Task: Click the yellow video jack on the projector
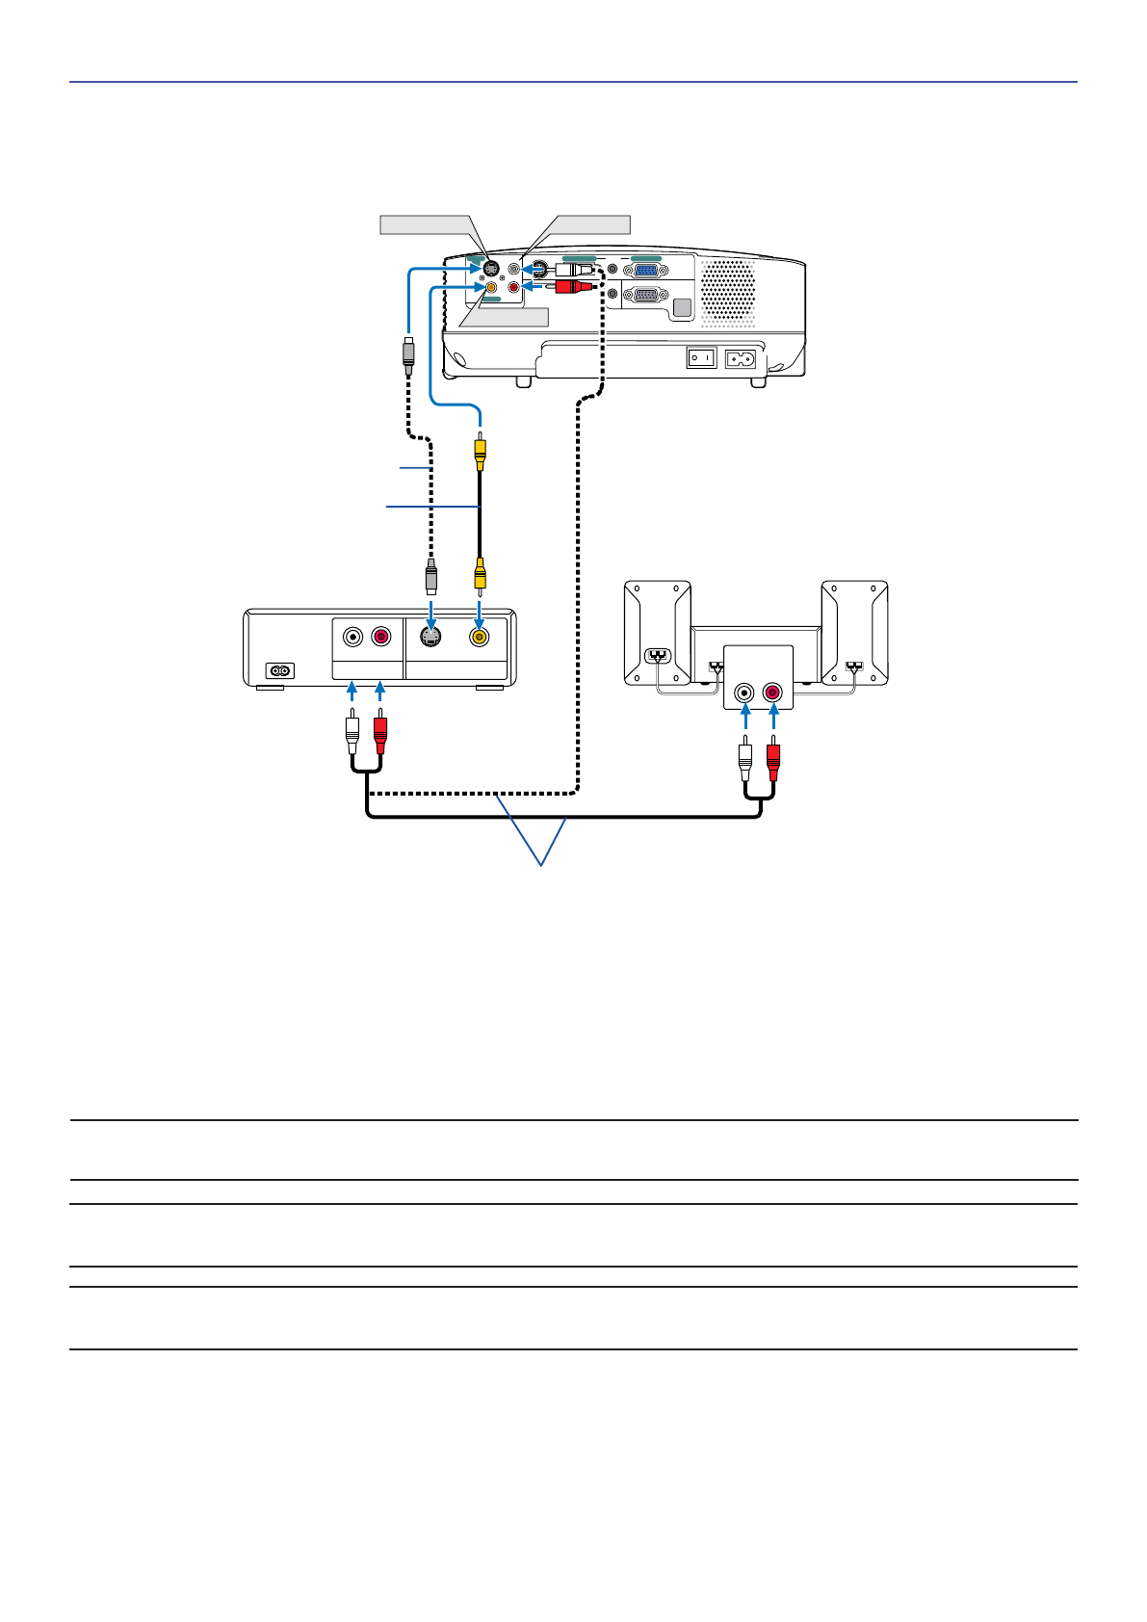(x=492, y=286)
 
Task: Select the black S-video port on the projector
(x=490, y=269)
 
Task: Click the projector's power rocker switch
(x=700, y=358)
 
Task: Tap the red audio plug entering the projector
(x=574, y=286)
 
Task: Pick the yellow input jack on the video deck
(x=479, y=637)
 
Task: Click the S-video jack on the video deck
(x=431, y=637)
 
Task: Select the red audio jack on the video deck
(x=381, y=637)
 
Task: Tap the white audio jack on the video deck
(x=353, y=637)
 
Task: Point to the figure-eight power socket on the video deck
(x=280, y=670)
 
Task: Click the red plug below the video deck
(x=380, y=734)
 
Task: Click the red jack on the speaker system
(x=772, y=692)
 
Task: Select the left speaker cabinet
(x=657, y=632)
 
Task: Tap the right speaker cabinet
(x=854, y=632)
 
